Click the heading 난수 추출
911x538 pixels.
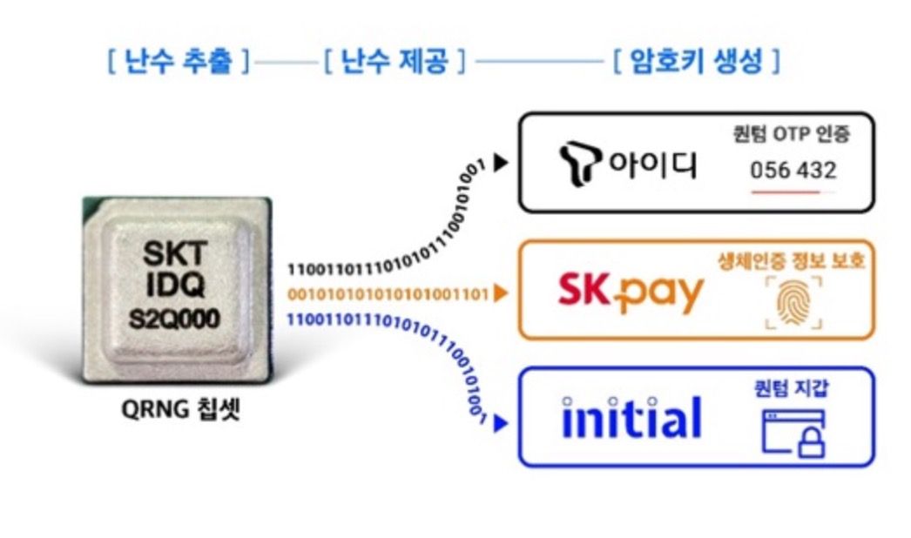tap(179, 62)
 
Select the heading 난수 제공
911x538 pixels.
tap(394, 62)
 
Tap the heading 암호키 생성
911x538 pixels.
tap(695, 62)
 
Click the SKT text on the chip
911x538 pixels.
tap(174, 254)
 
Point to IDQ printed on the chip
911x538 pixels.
tap(174, 286)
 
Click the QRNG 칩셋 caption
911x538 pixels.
tap(179, 407)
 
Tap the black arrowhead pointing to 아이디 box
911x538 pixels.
tap(500, 163)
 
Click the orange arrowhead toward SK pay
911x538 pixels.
tap(500, 294)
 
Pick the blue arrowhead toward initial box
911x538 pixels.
tap(500, 424)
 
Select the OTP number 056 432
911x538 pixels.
tap(793, 170)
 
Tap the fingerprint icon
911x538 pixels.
tap(793, 304)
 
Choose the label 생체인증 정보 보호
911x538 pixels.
tap(792, 261)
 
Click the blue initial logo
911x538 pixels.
tap(631, 418)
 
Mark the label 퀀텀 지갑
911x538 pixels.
tap(791, 388)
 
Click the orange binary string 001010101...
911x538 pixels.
tap(388, 294)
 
